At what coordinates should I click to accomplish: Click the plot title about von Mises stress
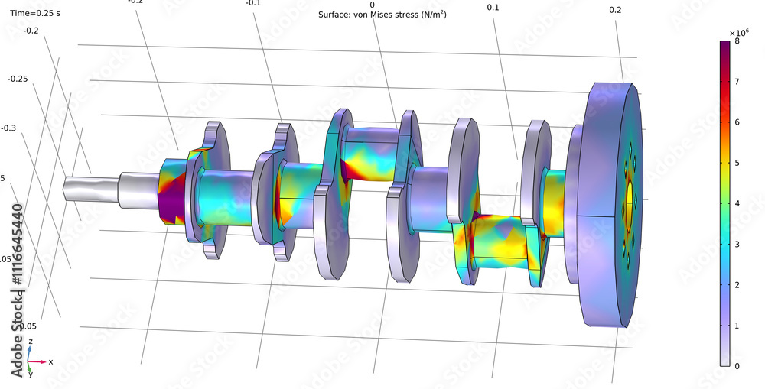382,15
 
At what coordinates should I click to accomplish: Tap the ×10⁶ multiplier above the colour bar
737,32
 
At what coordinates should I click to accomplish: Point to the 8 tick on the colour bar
737,41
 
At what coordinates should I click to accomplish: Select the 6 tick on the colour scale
737,122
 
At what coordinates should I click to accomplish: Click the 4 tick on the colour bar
737,203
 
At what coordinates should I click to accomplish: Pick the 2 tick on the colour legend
737,285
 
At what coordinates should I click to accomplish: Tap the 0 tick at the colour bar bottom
737,366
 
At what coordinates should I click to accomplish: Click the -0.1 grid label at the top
253,3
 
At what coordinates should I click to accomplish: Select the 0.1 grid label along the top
493,8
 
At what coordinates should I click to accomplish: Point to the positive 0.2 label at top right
615,10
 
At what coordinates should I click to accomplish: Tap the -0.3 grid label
9,128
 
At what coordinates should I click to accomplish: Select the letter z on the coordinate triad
30,342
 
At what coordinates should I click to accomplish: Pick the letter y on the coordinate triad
31,374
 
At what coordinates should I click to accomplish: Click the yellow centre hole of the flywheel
630,197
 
